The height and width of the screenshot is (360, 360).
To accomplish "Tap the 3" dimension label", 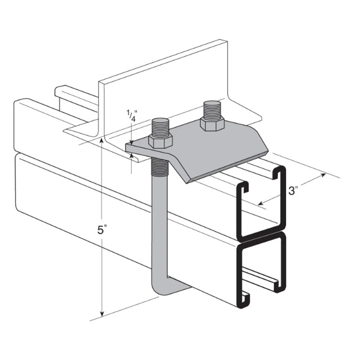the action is [292, 190].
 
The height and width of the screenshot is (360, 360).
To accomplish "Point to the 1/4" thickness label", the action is [132, 116].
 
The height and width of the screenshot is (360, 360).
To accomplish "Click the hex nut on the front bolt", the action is [160, 142].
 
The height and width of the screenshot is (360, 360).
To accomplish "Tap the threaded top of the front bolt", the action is [161, 127].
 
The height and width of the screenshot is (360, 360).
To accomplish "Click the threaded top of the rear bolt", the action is [211, 109].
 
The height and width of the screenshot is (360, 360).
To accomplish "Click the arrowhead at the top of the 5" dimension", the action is [101, 141].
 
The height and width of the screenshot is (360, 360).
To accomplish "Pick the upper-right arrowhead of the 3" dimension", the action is [323, 175].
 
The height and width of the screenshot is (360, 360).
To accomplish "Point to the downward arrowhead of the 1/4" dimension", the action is [131, 143].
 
